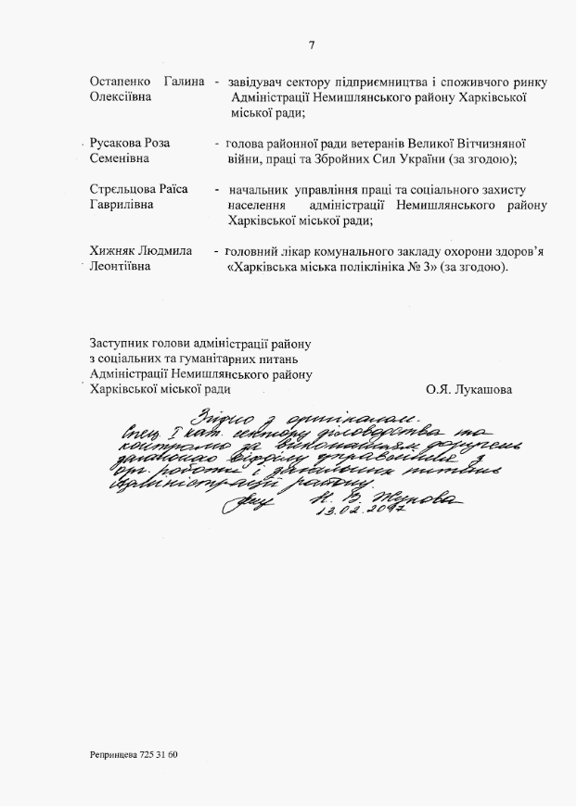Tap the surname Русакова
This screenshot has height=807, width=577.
117,144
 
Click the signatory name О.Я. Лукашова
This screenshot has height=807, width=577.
468,389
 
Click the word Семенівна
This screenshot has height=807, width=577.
120,159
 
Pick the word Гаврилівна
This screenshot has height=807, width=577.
121,205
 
